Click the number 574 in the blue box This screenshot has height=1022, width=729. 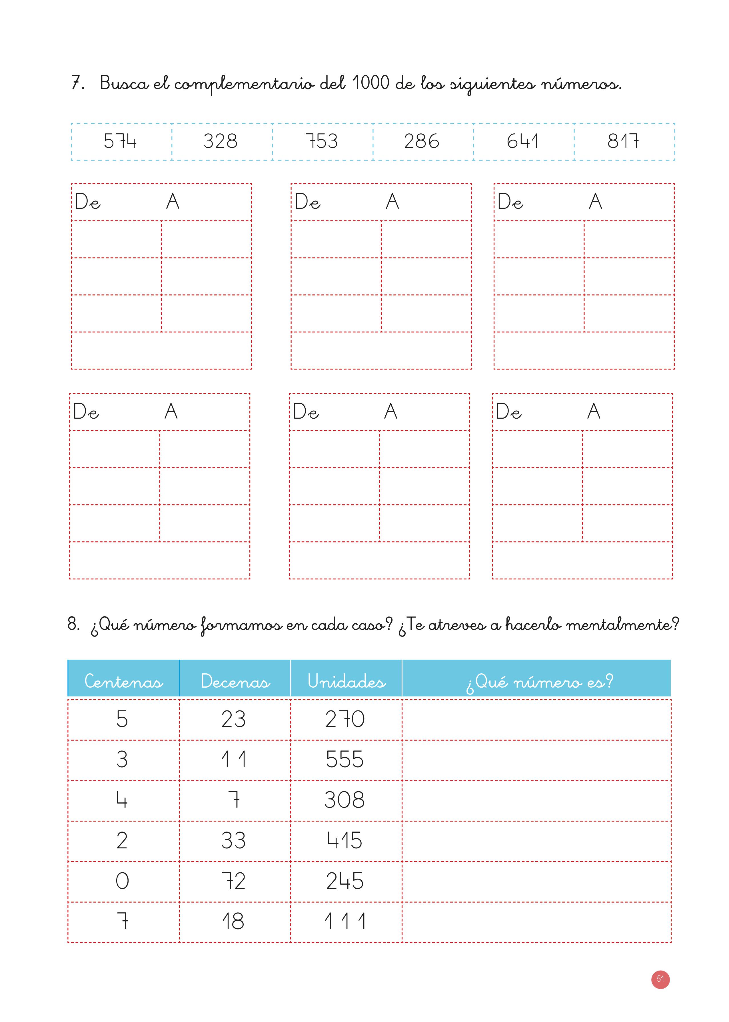point(120,141)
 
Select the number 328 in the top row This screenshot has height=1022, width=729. point(221,141)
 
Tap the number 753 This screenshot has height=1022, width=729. point(321,141)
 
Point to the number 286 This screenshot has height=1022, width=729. point(422,141)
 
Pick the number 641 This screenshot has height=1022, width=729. point(522,141)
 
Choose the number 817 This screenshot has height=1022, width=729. point(623,141)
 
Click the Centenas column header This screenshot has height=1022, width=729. point(123,682)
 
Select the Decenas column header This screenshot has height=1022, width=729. point(235,682)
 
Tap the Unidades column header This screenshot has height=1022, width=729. point(346,682)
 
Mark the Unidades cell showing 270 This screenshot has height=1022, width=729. point(345,719)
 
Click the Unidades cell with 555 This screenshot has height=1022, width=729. point(345,760)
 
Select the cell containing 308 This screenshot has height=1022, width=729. point(345,800)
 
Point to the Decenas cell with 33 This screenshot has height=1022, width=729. point(233,840)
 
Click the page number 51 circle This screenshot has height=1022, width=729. point(660,979)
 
